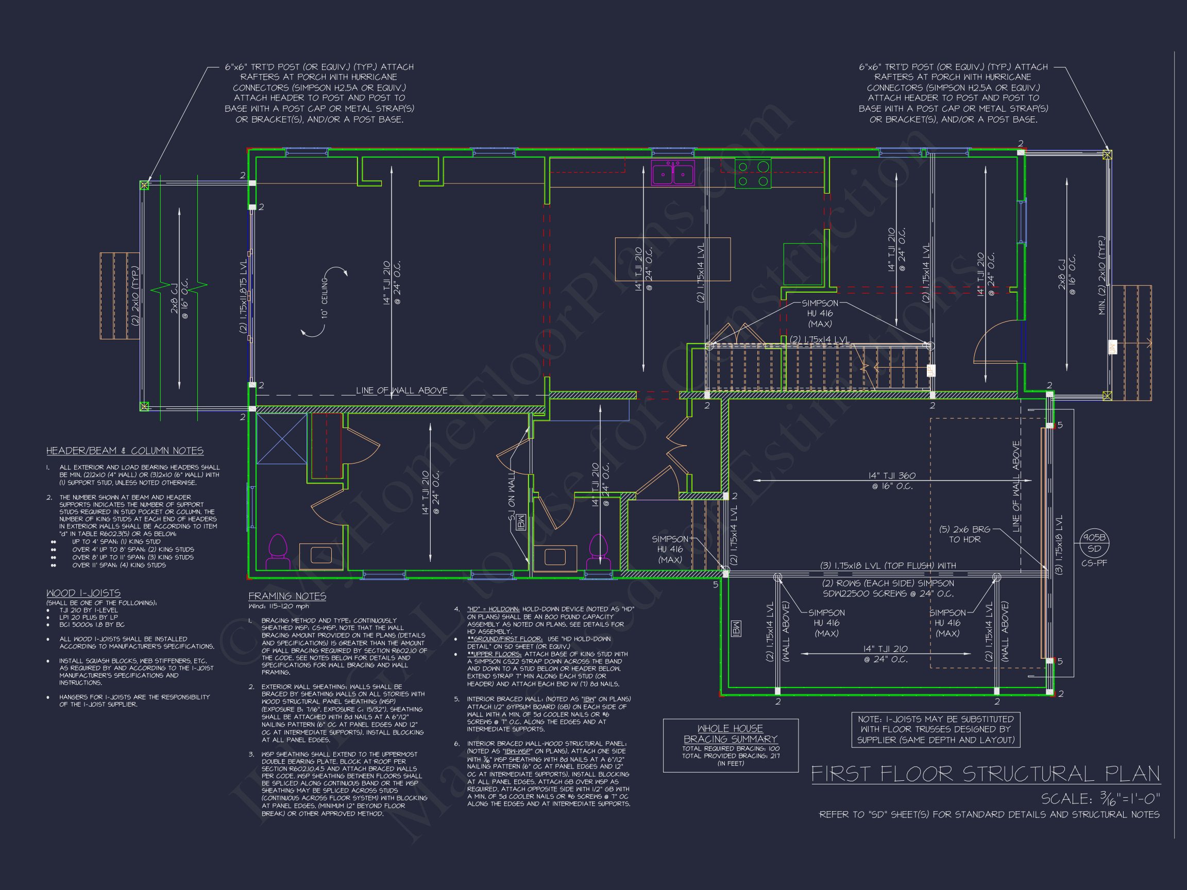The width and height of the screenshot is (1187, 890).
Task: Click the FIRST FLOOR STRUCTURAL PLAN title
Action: tap(985, 774)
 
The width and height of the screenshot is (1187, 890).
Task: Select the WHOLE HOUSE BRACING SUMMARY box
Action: tap(731, 745)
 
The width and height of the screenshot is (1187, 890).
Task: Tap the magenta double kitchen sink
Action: tap(673, 173)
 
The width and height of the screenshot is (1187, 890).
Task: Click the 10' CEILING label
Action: tap(325, 298)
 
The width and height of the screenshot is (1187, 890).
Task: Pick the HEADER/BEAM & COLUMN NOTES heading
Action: tap(125, 451)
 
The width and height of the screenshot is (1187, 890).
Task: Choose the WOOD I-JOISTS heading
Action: tap(83, 593)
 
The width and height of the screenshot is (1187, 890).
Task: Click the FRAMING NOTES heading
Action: tap(287, 596)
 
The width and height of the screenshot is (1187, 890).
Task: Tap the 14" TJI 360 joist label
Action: tap(892, 481)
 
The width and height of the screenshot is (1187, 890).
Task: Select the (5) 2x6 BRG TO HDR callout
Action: tap(964, 534)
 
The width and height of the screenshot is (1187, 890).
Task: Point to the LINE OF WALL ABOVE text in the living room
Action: tap(401, 390)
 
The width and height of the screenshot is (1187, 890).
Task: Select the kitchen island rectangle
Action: tap(672, 259)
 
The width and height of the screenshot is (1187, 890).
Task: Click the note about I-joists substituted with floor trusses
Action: tap(935, 729)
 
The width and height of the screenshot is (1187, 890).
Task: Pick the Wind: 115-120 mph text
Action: tap(279, 607)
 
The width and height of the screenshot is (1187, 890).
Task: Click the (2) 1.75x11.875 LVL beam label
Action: tap(243, 299)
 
